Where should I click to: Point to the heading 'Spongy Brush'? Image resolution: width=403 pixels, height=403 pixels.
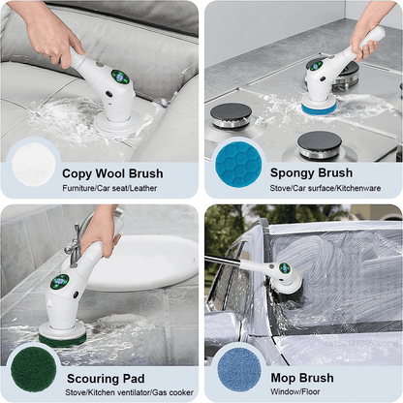click(311, 173)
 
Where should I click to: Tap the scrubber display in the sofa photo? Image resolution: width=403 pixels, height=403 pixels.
click(119, 77)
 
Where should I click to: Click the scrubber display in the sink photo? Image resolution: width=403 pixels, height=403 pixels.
click(60, 283)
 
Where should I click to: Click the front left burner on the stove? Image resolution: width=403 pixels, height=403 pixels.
click(231, 114)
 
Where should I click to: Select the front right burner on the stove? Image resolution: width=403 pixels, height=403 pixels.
click(319, 144)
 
